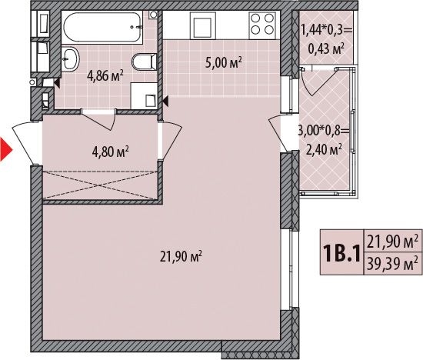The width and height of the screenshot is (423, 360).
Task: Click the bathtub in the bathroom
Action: (102, 27)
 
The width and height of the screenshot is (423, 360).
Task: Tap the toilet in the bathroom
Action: (145, 62)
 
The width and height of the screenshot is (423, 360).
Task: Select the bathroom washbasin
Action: (71, 58)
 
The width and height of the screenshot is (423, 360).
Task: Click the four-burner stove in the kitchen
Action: (262, 25)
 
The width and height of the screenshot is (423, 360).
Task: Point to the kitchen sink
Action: (202, 25)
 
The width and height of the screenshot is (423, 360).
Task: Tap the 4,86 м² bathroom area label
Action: (105, 76)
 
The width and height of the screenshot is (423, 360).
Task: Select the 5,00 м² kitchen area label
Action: (223, 63)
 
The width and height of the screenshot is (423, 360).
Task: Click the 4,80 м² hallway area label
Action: (110, 152)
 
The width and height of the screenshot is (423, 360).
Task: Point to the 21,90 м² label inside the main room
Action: (182, 256)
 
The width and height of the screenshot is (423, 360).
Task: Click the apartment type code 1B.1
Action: (342, 253)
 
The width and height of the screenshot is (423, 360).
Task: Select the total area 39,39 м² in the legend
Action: (390, 264)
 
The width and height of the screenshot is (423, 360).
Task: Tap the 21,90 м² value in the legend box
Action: (390, 241)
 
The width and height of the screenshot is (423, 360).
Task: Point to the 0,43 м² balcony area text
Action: (327, 48)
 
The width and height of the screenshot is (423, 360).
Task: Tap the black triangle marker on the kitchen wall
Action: (165, 102)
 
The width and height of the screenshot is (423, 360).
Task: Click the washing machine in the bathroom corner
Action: (144, 96)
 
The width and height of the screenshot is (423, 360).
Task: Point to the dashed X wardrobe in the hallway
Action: (100, 185)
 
